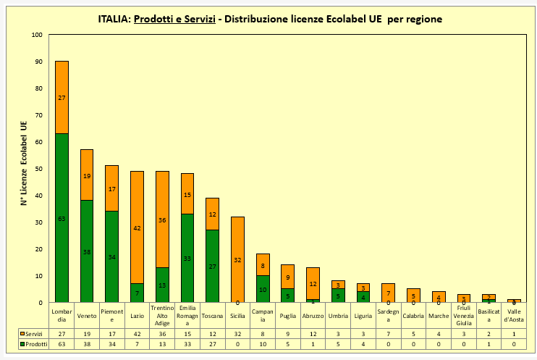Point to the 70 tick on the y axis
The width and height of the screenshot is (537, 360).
tap(38, 114)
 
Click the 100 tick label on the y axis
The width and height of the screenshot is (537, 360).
tap(37, 34)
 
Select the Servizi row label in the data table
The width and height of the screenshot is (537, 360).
tap(34, 334)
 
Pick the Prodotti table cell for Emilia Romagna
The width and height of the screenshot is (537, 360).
tap(187, 345)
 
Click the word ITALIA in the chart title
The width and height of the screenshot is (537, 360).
tap(114, 19)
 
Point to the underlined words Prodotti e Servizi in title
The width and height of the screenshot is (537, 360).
tap(175, 19)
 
